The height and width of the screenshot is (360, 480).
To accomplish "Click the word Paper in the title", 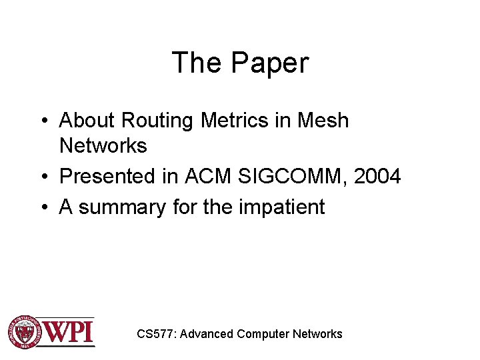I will (270, 63).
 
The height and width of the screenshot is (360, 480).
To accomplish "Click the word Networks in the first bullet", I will (103, 145).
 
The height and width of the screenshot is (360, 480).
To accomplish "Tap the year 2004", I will (377, 177).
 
